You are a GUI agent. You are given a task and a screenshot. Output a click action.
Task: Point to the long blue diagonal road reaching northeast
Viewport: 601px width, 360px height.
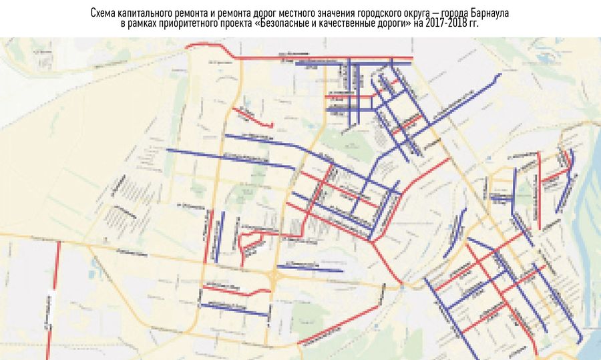461,100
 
